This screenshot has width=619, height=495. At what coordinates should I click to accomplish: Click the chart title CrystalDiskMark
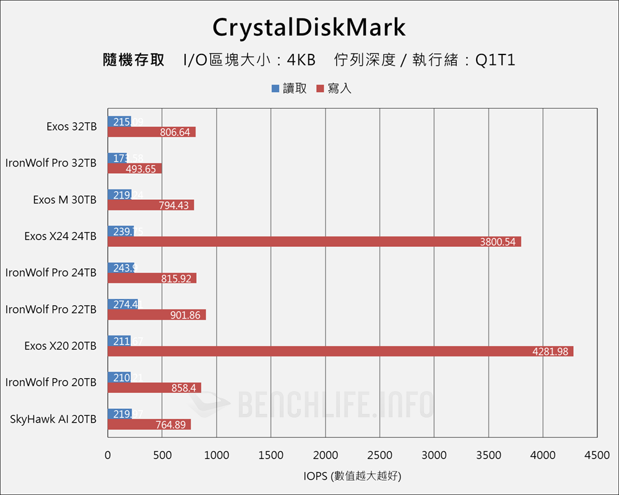(309, 27)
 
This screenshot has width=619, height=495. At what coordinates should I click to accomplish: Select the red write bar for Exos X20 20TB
(340, 351)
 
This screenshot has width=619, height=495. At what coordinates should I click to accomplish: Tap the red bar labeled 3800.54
(314, 241)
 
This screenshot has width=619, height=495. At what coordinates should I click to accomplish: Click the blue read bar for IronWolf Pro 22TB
(123, 304)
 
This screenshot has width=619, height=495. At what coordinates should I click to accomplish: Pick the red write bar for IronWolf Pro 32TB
(134, 169)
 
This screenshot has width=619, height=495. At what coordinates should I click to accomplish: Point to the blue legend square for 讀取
(275, 88)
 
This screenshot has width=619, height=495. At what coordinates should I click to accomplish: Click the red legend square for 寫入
(320, 88)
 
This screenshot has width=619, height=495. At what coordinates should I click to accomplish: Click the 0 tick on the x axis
(108, 455)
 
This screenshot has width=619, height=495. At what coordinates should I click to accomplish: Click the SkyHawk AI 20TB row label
(53, 419)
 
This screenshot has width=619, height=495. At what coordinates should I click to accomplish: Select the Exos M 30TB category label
(65, 200)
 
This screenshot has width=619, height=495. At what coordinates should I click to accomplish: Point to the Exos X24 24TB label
(61, 236)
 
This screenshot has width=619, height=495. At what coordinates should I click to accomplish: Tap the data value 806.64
(175, 132)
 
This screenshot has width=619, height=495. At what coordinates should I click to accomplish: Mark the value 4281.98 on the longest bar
(550, 351)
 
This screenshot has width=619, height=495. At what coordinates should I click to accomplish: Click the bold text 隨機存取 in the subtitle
(134, 60)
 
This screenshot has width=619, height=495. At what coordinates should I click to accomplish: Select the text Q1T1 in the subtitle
(495, 60)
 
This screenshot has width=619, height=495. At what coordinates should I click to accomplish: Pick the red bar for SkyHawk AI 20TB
(149, 424)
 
